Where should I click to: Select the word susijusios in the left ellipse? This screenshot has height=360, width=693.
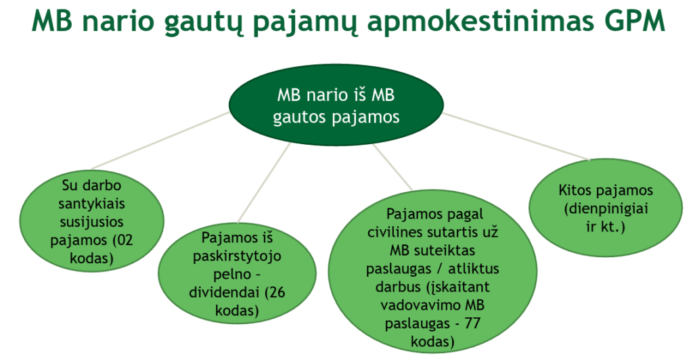pyautogui.click(x=79, y=221)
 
